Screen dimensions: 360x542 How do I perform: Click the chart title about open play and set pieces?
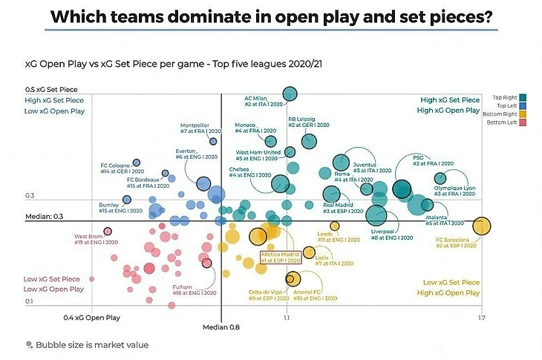pyautogui.click(x=270, y=16)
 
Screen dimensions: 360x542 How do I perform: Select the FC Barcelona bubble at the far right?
pyautogui.click(x=482, y=226)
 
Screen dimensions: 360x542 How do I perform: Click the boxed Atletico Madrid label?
pyautogui.click(x=281, y=257)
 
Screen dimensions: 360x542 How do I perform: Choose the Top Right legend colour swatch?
pyautogui.click(x=523, y=97)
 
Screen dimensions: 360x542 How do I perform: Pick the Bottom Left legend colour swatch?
pyautogui.click(x=523, y=122)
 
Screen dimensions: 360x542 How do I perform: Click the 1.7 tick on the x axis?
pyautogui.click(x=482, y=318)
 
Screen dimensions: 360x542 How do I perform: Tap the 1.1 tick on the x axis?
pyautogui.click(x=287, y=318)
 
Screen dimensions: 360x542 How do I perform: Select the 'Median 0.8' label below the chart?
pyautogui.click(x=221, y=327)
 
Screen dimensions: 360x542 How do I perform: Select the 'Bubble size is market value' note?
pyautogui.click(x=87, y=344)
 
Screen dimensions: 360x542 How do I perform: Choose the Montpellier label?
pyautogui.click(x=201, y=128)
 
